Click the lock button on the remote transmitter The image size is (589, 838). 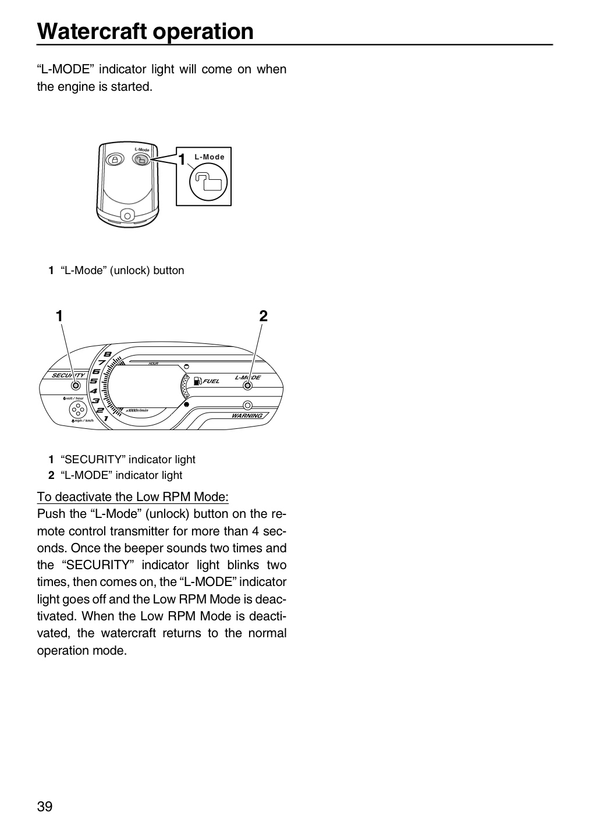coord(115,159)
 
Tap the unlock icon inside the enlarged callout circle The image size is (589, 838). coord(211,181)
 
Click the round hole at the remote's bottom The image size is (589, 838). coord(127,216)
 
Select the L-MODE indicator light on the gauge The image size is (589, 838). coord(247,385)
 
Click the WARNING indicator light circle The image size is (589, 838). coord(247,405)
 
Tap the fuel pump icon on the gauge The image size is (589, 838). coord(197,381)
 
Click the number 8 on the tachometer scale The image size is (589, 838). coord(108,354)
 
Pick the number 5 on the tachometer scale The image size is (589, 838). coord(94,381)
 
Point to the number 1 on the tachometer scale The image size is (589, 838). coord(107,418)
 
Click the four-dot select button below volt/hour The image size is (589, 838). coord(78,410)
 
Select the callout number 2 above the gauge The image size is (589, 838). coord(264,316)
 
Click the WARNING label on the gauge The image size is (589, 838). coord(247,416)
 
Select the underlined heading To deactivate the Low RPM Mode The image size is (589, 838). coord(133,497)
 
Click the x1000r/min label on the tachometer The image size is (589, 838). coord(137,410)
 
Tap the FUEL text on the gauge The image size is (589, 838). coord(211,381)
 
